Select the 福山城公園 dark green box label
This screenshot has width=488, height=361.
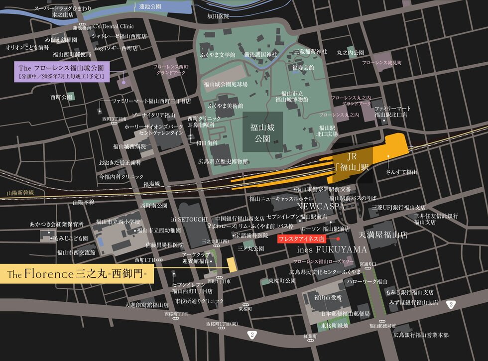pos(262,131)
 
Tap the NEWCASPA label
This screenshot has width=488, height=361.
pos(318,205)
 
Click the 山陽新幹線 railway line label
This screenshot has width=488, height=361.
pos(20,192)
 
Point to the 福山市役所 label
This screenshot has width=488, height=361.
pos(328,297)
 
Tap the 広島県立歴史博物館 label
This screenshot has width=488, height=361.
pos(223,161)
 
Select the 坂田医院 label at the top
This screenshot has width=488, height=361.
pos(218,16)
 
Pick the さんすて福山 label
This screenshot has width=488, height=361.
pos(401,172)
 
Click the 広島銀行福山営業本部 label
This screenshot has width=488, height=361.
pos(420,335)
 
